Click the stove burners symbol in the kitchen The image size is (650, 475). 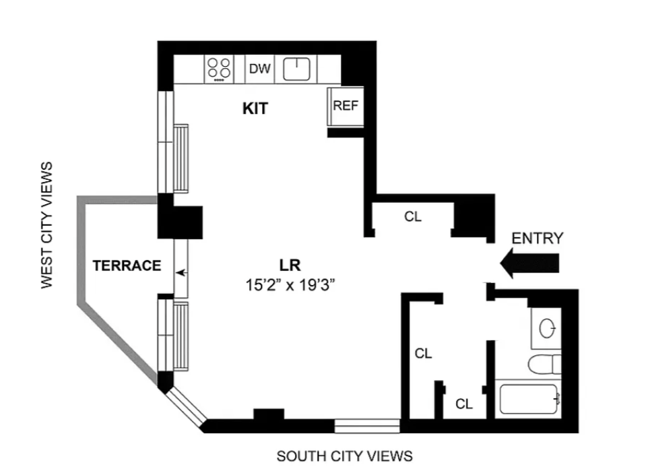click(x=219, y=69)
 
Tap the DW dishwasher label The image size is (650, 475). click(x=260, y=69)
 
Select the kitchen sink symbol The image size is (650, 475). click(x=296, y=69)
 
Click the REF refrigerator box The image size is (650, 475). click(x=346, y=106)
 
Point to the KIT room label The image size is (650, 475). click(x=255, y=108)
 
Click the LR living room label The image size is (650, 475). click(x=290, y=263)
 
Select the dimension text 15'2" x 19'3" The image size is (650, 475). click(x=290, y=284)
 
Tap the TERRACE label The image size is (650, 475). click(x=127, y=265)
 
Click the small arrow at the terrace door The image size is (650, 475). click(x=181, y=273)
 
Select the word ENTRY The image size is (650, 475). click(x=537, y=238)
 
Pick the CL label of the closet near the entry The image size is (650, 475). click(x=412, y=217)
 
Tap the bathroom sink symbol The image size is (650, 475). click(x=546, y=328)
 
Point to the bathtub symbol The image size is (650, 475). click(x=529, y=400)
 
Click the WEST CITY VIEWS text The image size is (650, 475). click(x=46, y=225)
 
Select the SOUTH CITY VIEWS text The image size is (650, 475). click(x=344, y=456)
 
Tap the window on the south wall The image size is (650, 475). click(x=368, y=426)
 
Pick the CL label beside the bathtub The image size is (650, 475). click(x=464, y=404)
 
